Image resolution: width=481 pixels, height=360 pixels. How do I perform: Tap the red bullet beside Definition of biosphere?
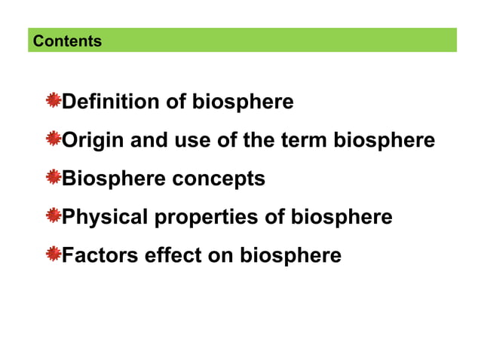[x=53, y=100]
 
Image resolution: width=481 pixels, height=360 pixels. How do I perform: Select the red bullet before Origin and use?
[x=53, y=139]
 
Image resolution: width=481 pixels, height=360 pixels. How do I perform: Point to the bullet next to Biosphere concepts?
[x=53, y=178]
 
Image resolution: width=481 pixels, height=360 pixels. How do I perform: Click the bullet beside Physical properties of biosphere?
[x=53, y=217]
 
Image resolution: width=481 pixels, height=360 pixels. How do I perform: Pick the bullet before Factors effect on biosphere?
[x=53, y=255]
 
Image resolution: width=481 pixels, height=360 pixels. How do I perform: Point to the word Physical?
[x=105, y=218]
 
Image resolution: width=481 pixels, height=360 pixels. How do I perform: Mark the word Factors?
[x=98, y=256]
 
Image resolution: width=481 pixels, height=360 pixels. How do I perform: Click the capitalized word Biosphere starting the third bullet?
[x=115, y=179]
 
